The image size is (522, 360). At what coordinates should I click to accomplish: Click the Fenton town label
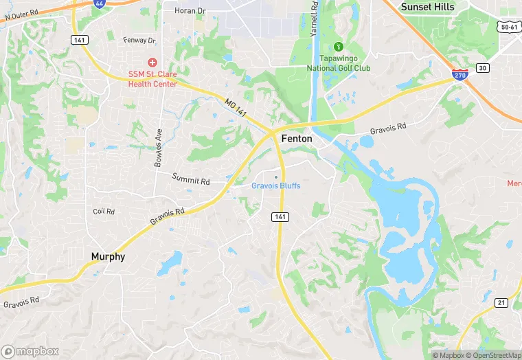pyautogui.click(x=297, y=139)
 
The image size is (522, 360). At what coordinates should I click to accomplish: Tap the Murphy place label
pyautogui.click(x=108, y=257)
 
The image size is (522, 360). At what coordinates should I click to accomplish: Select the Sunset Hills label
pyautogui.click(x=427, y=7)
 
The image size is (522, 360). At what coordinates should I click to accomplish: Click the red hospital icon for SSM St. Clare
pyautogui.click(x=152, y=63)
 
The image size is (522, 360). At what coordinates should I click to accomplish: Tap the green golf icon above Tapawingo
pyautogui.click(x=338, y=47)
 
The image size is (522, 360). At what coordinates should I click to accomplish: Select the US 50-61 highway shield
pyautogui.click(x=509, y=27)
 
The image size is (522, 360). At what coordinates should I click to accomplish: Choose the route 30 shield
pyautogui.click(x=483, y=67)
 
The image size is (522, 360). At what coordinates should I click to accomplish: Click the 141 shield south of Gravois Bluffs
pyautogui.click(x=280, y=216)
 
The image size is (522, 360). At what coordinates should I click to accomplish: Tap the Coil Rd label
pyautogui.click(x=103, y=211)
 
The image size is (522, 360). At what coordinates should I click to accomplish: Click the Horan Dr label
pyautogui.click(x=190, y=10)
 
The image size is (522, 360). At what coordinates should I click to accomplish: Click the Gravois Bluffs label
pyautogui.click(x=275, y=186)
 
